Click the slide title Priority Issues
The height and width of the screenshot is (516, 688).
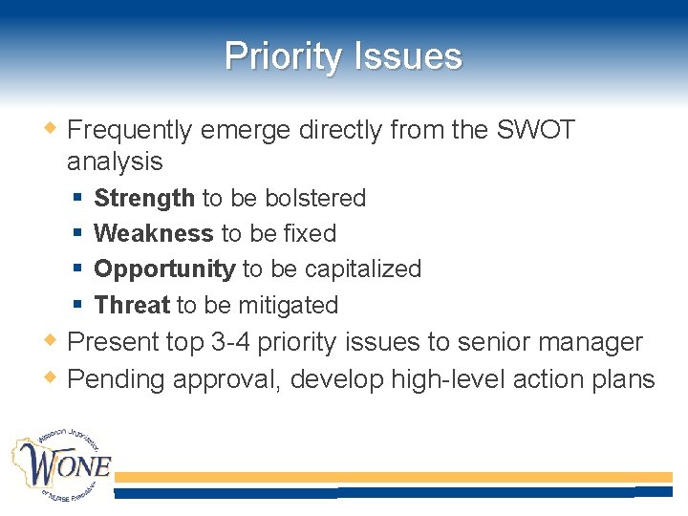coord(343,56)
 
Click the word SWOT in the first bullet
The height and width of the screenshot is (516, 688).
coord(536,130)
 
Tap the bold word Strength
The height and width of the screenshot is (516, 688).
coord(144,198)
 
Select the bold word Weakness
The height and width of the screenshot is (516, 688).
coord(154,233)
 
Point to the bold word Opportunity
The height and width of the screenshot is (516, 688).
coord(164,269)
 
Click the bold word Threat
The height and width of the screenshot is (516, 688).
coord(132,305)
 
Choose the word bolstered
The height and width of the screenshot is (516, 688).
coord(315,198)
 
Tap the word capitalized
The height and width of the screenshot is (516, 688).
coord(363,269)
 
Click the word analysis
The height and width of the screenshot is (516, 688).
coord(115,161)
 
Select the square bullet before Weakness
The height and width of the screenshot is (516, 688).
coord(77,234)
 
